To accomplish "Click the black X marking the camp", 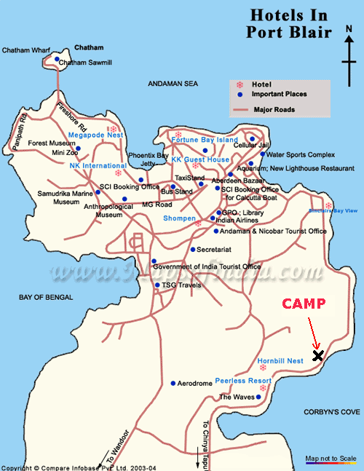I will point(318,355).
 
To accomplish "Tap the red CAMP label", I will point(304,304).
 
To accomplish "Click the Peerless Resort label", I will point(243,381).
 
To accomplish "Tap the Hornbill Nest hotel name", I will point(280,361).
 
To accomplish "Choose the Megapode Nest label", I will point(95,135).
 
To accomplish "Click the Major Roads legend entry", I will point(274,110).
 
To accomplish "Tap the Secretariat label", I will point(215,249).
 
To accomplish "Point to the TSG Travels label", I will point(181,285).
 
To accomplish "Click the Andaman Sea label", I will point(173,84).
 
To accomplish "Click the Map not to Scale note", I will point(330,459).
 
